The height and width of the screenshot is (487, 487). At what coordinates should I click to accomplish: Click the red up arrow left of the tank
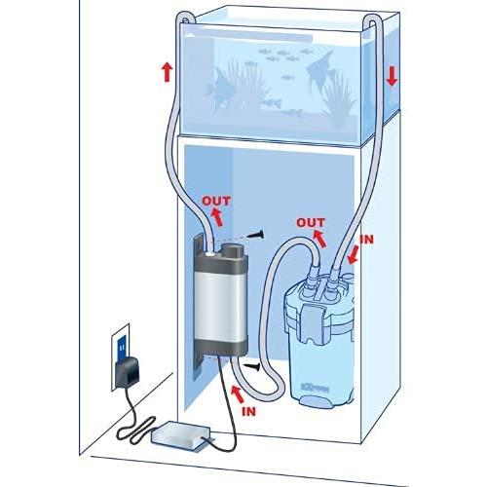[x=167, y=71]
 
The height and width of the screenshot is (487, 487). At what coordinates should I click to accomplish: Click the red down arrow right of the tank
[x=392, y=75]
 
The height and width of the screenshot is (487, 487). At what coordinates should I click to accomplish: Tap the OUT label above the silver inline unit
[x=216, y=202]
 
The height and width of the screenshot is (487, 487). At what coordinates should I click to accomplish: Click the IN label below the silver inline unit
[x=249, y=411]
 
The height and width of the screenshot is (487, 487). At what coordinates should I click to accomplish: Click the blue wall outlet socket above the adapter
[x=121, y=341]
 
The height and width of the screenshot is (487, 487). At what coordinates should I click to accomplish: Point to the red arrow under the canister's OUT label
[x=321, y=239]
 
